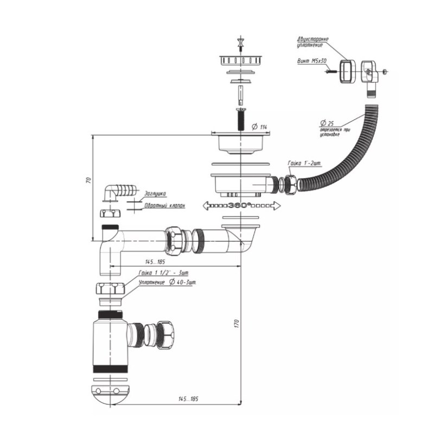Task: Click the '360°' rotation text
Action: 239,206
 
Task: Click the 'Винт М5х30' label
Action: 311,62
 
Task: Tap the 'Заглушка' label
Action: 155,193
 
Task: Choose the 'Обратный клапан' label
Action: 164,206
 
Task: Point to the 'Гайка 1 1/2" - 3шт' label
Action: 163,273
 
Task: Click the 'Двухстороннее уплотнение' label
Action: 312,42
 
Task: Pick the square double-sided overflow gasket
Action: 346,71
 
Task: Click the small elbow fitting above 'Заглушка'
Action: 115,191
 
